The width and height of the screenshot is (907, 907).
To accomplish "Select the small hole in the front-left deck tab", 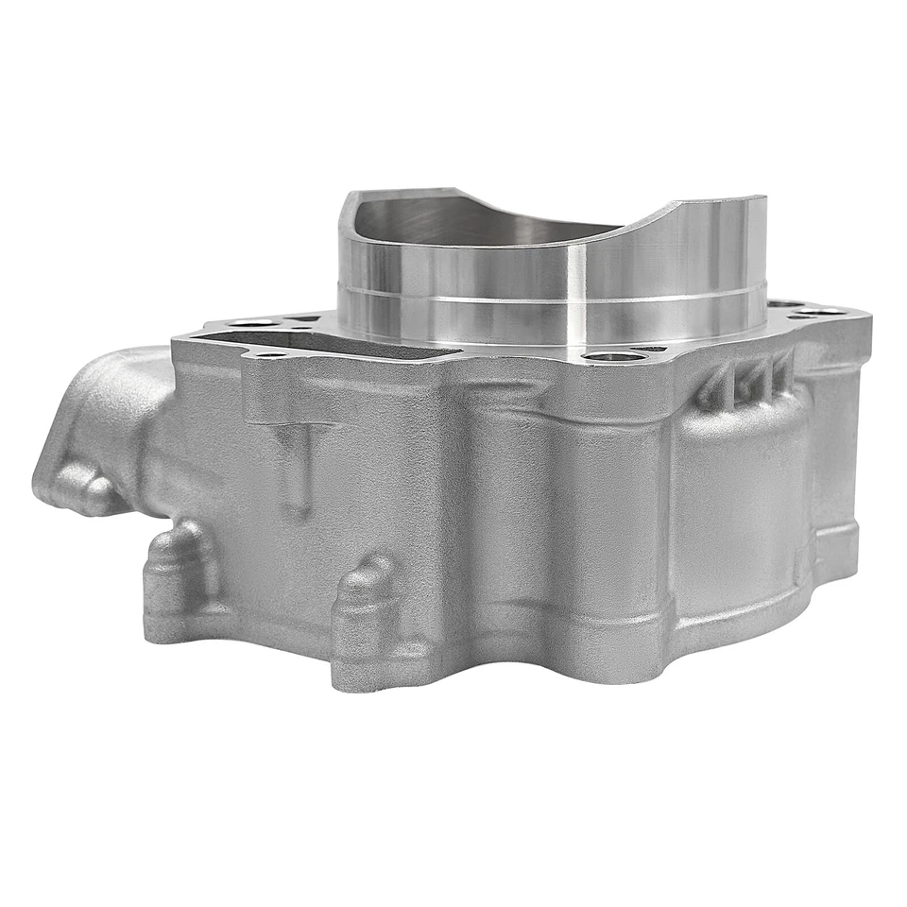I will (x=268, y=356).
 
